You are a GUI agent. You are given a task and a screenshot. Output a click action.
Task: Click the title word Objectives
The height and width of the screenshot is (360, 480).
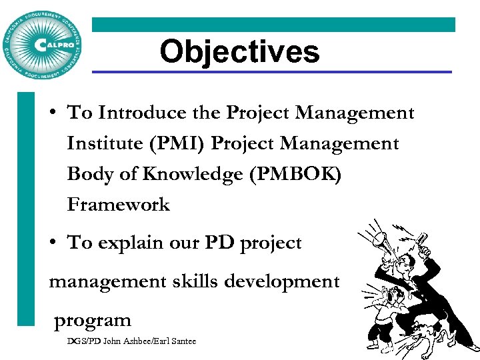coord(239,51)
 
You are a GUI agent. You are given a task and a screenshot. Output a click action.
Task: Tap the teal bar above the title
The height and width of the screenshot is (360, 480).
coord(273,25)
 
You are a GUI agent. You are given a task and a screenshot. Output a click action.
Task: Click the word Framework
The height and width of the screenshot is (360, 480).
coord(119,205)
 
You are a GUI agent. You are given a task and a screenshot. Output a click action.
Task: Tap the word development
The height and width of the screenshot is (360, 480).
coord(283,281)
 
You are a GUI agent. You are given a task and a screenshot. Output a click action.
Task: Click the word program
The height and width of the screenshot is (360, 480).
coord(93,320)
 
